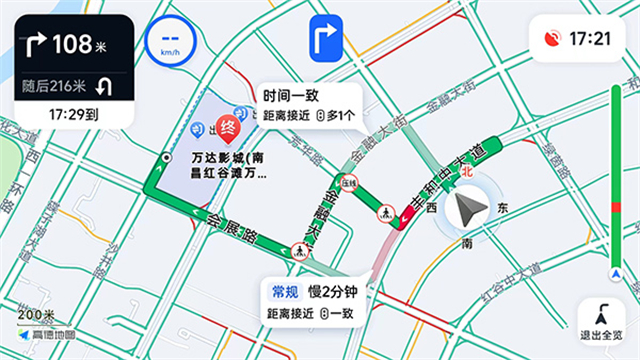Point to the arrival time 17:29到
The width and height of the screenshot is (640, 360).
tap(73, 116)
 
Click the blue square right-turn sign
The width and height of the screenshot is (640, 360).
tap(327, 40)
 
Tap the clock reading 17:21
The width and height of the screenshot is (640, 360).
tap(589, 39)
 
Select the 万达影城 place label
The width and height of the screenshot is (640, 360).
tap(229, 166)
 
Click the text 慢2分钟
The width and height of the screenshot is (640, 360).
tap(332, 292)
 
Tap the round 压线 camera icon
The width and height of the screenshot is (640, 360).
tap(348, 183)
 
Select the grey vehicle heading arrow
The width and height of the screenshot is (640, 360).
tap(467, 210)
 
